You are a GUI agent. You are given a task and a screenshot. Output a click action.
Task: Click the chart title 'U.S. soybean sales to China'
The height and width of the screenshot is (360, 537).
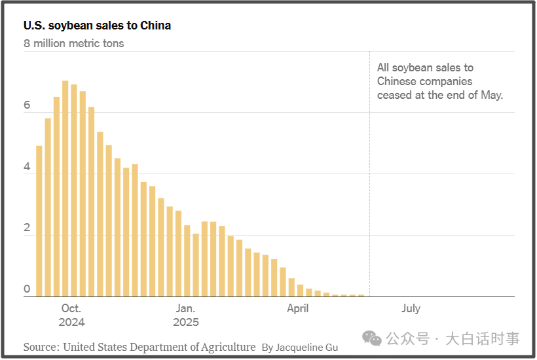click(98, 26)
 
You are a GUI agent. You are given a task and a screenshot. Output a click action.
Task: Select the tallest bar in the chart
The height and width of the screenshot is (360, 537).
click(65, 189)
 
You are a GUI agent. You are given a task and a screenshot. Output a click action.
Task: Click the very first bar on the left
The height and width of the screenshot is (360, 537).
click(39, 221)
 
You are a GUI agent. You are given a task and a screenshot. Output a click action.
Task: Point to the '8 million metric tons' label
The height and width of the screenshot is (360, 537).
click(74, 43)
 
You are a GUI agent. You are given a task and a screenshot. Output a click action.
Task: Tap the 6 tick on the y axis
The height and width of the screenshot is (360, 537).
click(28, 105)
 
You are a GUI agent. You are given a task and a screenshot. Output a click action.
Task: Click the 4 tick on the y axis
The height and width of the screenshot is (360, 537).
click(28, 167)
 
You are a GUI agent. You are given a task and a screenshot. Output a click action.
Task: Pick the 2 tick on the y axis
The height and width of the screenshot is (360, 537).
click(28, 228)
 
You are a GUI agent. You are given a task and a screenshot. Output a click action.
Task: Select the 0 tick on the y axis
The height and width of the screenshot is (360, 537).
click(28, 289)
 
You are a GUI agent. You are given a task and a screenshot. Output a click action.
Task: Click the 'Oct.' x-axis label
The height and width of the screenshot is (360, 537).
click(71, 308)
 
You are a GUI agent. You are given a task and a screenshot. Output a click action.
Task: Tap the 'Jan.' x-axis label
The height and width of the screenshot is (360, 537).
click(185, 308)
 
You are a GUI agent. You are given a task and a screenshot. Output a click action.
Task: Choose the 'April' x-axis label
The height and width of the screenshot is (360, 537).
click(298, 308)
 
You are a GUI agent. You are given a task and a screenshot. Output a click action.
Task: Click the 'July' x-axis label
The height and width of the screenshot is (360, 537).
click(411, 308)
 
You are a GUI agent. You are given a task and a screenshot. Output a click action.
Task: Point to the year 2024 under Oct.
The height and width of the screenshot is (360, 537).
click(71, 322)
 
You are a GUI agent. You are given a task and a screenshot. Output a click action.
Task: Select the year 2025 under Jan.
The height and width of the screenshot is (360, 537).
click(185, 322)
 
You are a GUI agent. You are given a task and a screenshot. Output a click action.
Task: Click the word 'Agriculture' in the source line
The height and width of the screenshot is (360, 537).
click(225, 347)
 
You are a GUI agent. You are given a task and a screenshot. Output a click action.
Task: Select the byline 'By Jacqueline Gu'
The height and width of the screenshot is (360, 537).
click(300, 348)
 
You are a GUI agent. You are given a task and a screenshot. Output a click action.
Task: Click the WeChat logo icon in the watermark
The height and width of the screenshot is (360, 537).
click(373, 338)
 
